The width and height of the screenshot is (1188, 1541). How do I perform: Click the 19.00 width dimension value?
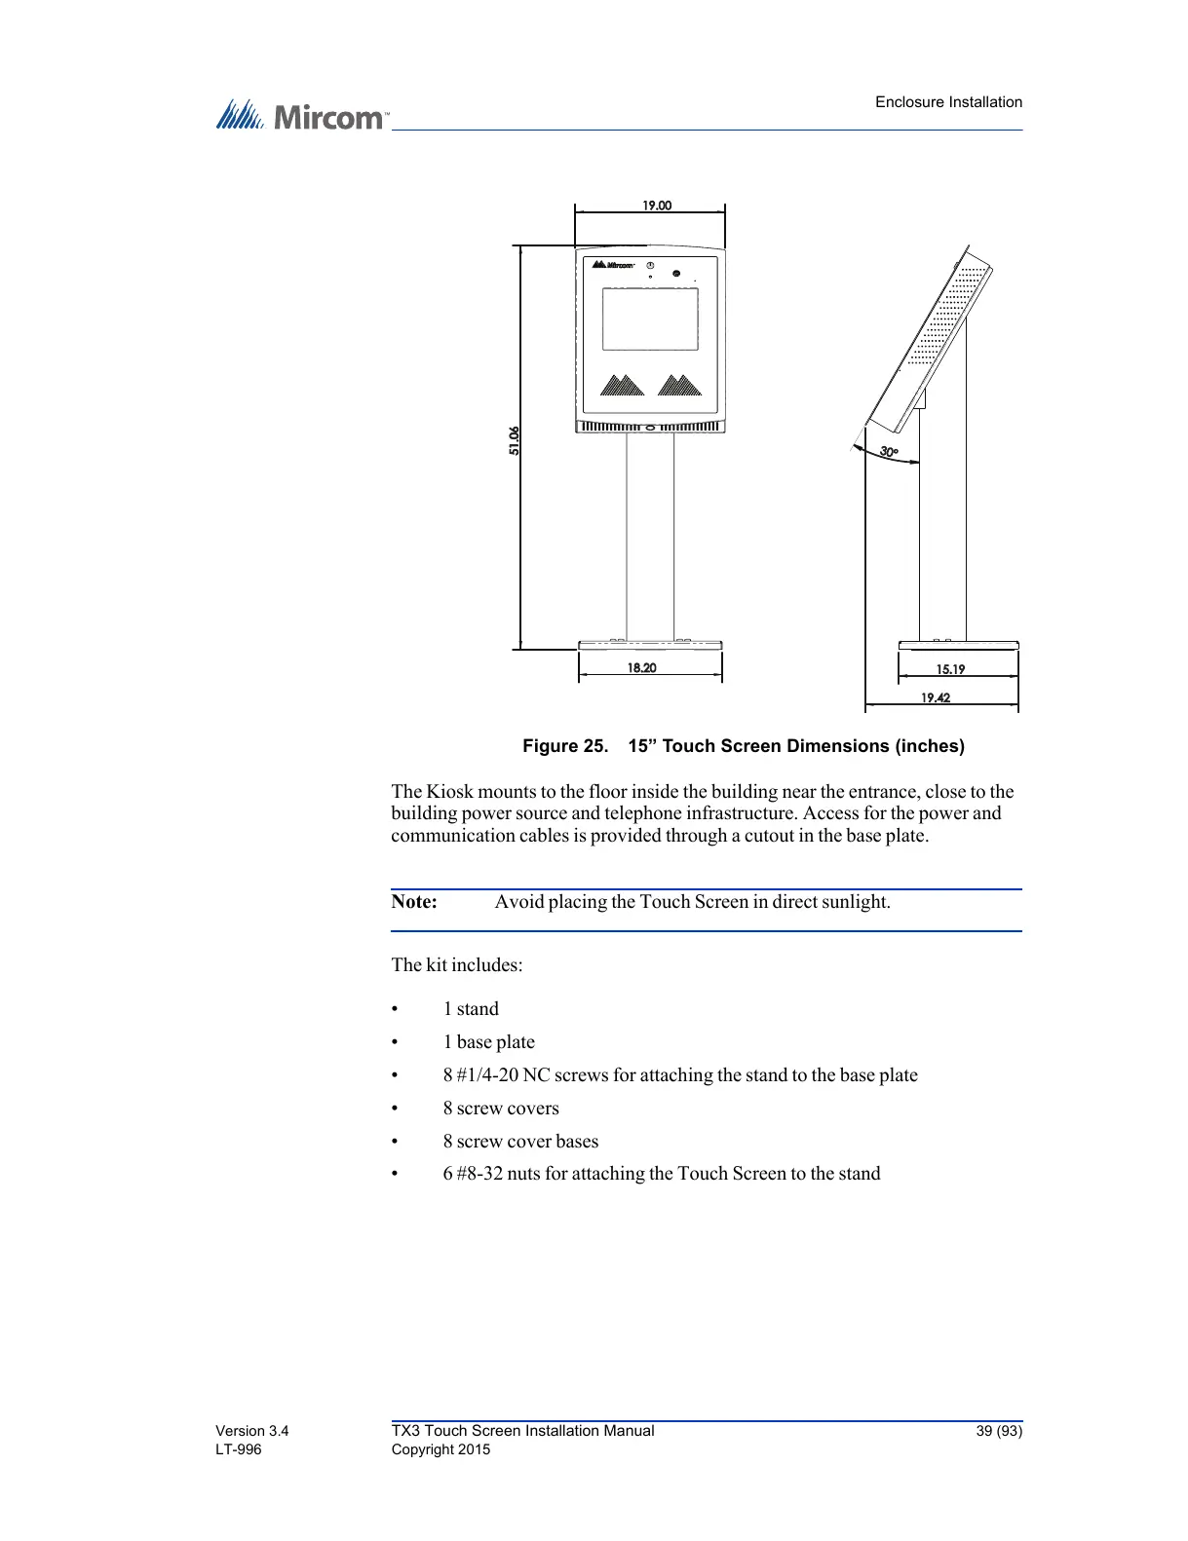pyautogui.click(x=656, y=206)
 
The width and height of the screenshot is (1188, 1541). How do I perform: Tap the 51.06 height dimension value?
pyautogui.click(x=514, y=440)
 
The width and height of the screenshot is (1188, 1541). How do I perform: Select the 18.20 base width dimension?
pyautogui.click(x=641, y=668)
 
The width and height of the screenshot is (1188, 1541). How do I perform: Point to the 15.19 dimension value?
pyautogui.click(x=950, y=669)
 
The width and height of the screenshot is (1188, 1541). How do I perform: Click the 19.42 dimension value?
pyautogui.click(x=936, y=697)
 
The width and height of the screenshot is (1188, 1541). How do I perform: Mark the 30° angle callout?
pyautogui.click(x=888, y=452)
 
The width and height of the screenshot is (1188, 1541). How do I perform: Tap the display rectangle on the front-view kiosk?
pyautogui.click(x=650, y=319)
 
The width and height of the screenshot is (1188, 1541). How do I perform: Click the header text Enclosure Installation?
pyautogui.click(x=948, y=102)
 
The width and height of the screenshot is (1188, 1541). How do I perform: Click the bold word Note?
pyautogui.click(x=414, y=902)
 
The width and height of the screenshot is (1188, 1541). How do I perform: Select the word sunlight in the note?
pyautogui.click(x=855, y=902)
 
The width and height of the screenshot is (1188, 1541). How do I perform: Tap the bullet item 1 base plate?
pyautogui.click(x=488, y=1042)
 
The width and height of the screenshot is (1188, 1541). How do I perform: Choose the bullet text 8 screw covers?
pyautogui.click(x=501, y=1109)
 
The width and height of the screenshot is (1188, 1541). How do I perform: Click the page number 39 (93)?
pyautogui.click(x=999, y=1431)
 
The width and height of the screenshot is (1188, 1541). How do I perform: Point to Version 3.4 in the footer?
pyautogui.click(x=251, y=1431)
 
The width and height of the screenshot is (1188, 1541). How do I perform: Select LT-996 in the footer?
pyautogui.click(x=239, y=1449)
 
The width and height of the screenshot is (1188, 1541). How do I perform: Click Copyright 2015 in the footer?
pyautogui.click(x=441, y=1449)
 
